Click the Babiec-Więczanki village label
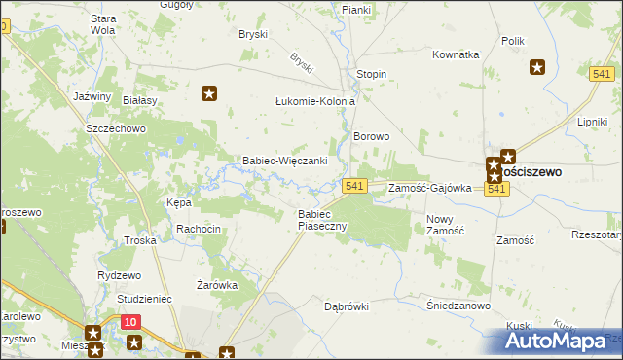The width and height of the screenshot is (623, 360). (x=283, y=161)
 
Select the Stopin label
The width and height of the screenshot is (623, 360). (x=371, y=74)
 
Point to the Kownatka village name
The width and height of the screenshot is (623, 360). (x=456, y=54)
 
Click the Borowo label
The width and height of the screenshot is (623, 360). (x=371, y=137)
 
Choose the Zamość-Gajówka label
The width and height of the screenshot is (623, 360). (x=429, y=188)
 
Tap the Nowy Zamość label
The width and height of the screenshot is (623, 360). (x=446, y=225)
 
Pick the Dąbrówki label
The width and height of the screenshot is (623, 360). (x=347, y=306)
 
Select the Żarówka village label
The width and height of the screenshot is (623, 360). (x=217, y=285)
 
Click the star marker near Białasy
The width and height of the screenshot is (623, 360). (x=208, y=93)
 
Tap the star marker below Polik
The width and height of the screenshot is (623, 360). (x=536, y=67)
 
